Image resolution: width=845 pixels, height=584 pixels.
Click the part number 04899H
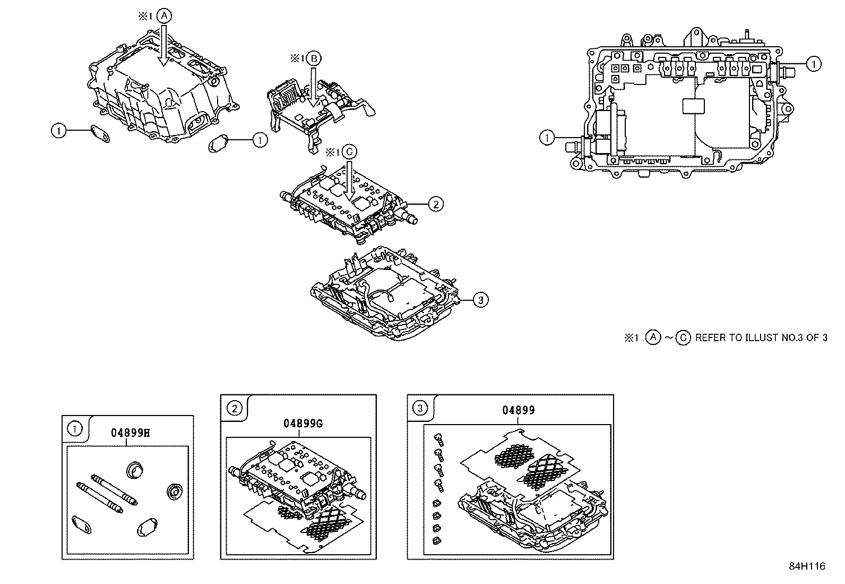pos(131,433)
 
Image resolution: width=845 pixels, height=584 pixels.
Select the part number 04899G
pos(303,424)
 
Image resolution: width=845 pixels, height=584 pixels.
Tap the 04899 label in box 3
pos(519,410)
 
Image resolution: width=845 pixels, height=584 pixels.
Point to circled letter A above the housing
pos(164,16)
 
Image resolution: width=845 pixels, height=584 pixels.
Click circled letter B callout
pos(313,58)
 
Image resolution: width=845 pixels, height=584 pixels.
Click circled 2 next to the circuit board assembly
pos(436,204)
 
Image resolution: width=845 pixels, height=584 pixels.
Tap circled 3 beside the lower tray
pos(480,300)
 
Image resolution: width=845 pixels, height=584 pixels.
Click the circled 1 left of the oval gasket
pos(59,130)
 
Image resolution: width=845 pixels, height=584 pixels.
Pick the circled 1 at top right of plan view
pos(813,64)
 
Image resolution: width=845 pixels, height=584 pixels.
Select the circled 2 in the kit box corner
pos(234,408)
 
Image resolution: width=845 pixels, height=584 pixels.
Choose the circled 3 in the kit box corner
pos(420,408)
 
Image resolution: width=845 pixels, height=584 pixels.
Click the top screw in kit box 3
pos(438,438)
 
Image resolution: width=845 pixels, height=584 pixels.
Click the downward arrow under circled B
pos(313,85)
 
